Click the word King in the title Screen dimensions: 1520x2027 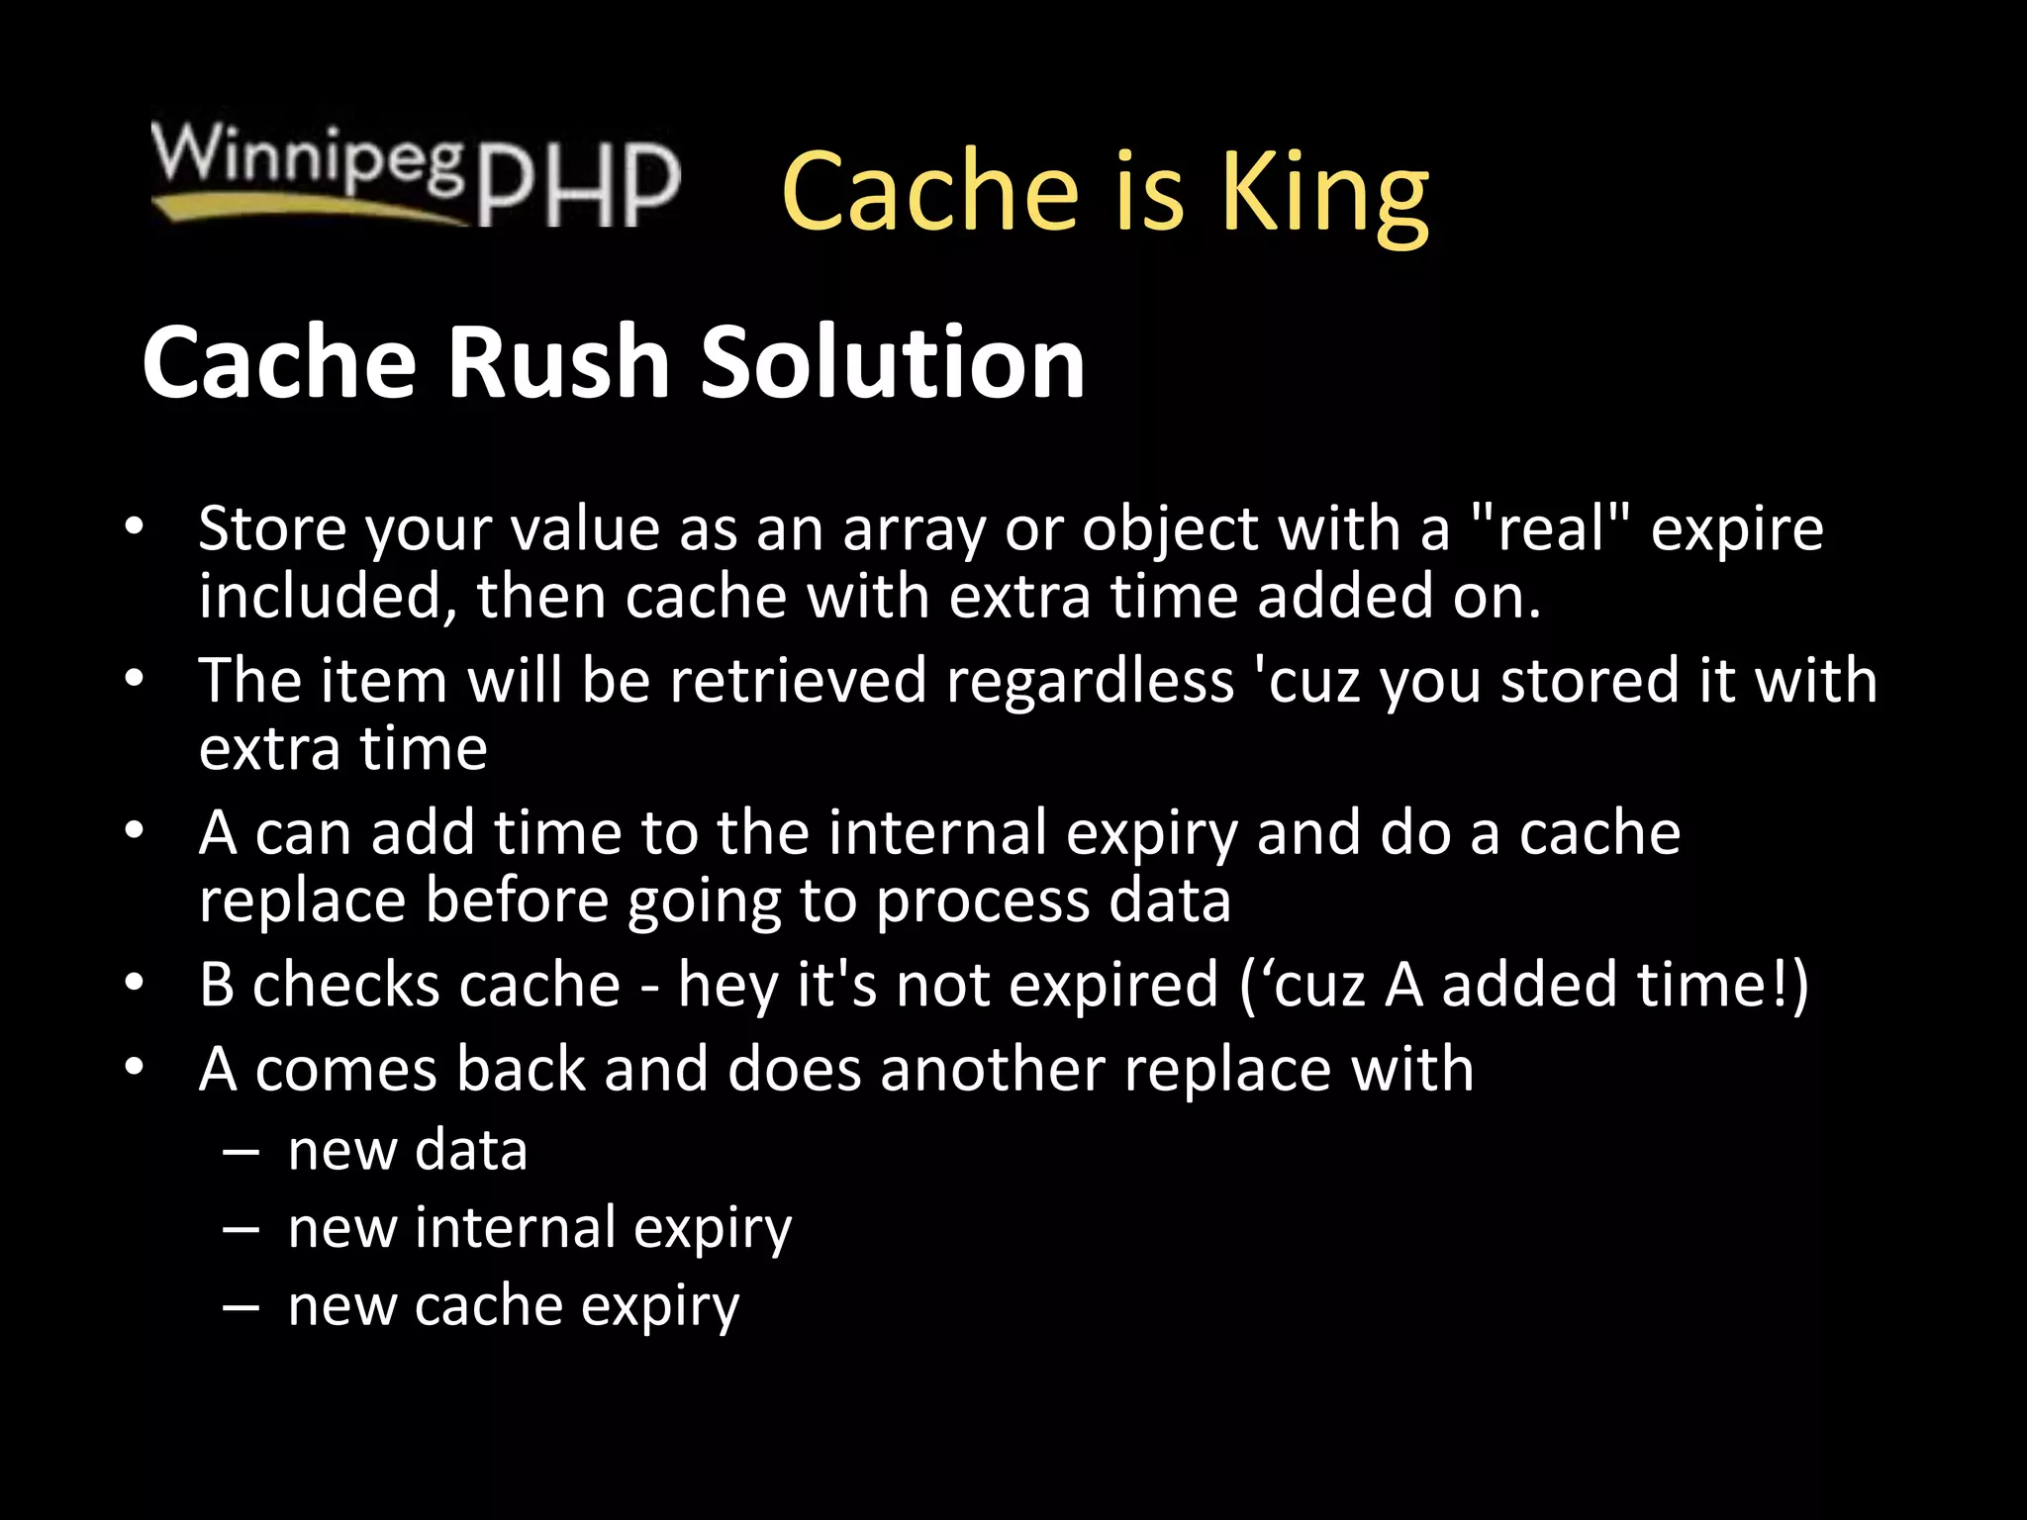tap(1324, 193)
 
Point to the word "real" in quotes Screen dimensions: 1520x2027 tap(1550, 528)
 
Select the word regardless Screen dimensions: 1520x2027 tap(1090, 683)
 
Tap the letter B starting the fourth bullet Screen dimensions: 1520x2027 tap(217, 985)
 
